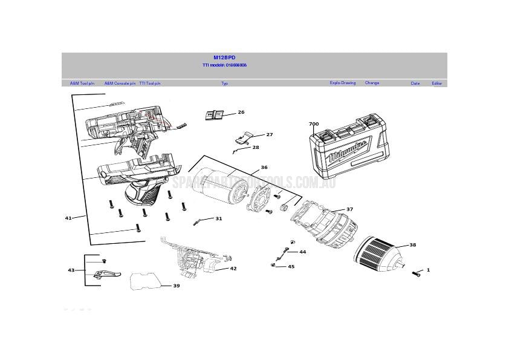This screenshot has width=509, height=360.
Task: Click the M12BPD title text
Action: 224,57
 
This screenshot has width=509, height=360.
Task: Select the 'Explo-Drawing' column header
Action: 342,83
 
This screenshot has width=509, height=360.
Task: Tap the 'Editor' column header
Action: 436,83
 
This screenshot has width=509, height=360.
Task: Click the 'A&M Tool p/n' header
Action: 82,83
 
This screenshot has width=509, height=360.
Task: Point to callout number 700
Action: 314,124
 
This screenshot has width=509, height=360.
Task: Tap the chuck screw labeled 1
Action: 416,274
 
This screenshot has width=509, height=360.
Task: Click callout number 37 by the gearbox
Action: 349,209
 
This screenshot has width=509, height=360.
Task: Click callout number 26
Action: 241,112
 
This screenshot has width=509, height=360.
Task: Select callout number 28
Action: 256,147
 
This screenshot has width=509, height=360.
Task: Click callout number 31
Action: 218,218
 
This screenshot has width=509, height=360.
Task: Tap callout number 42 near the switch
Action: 233,268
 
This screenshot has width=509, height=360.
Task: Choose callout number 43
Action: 71,270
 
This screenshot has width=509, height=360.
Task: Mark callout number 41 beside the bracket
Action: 68,218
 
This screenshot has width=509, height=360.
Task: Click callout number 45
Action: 291,266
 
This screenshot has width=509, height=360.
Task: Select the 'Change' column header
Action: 372,83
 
